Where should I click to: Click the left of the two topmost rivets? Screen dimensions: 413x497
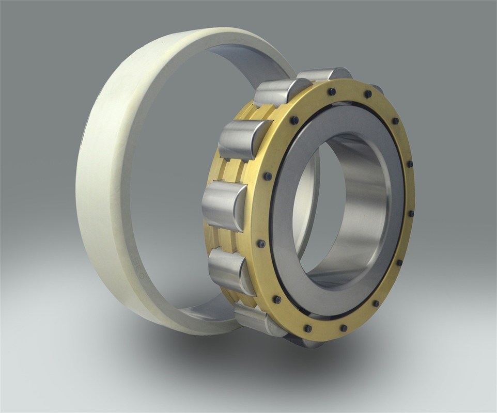(331, 91)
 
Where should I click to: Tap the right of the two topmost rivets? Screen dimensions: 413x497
(367, 94)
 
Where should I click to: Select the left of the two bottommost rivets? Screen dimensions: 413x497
(308, 328)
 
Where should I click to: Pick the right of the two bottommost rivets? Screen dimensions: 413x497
(343, 328)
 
